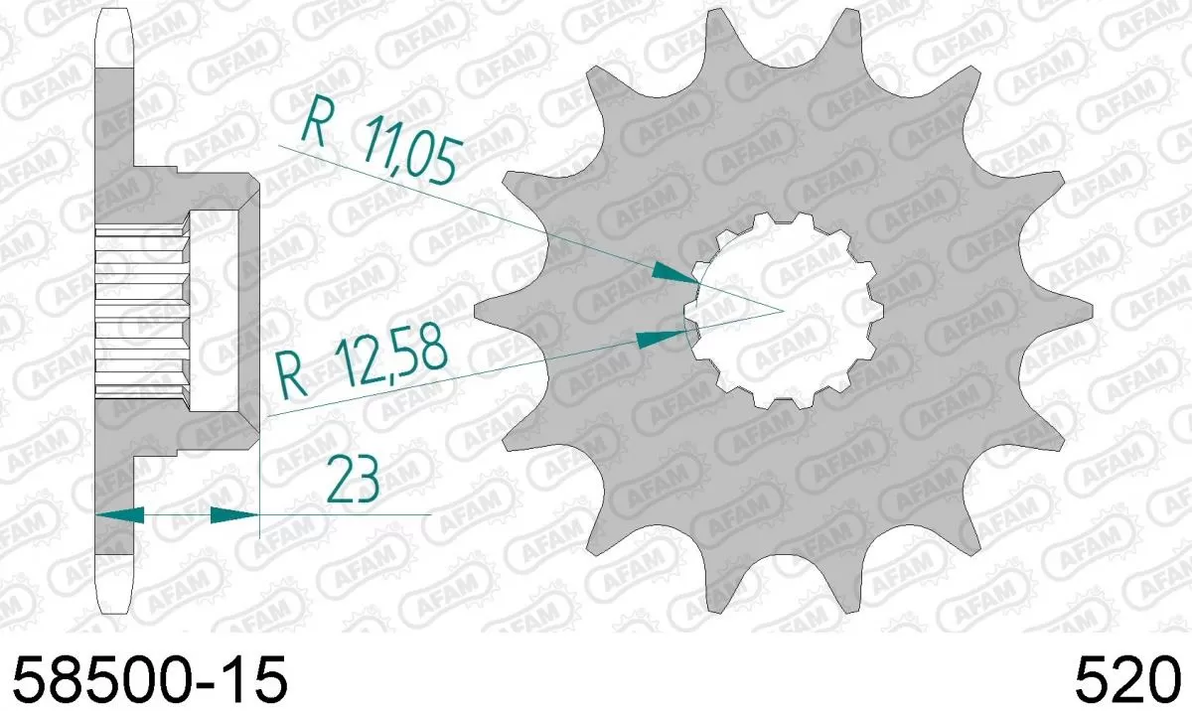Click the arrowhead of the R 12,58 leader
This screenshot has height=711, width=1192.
[x=661, y=338]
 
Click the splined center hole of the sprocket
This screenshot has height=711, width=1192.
[x=785, y=310]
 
